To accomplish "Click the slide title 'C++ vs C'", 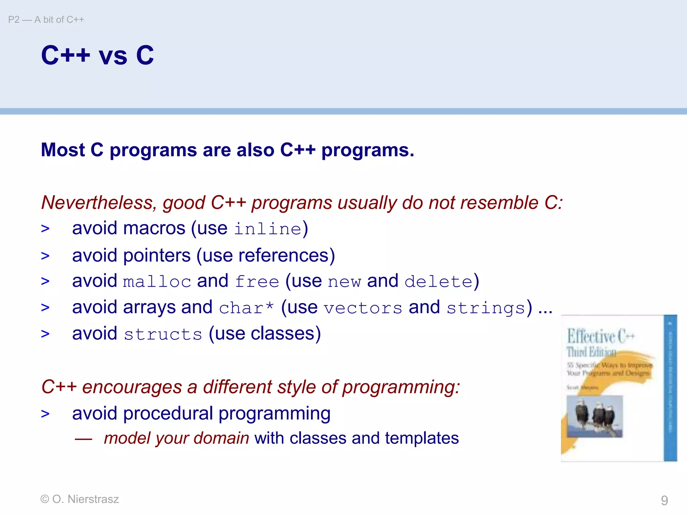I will pyautogui.click(x=97, y=55).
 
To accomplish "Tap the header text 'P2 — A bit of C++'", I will pyautogui.click(x=46, y=20).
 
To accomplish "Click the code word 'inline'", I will pyautogui.click(x=267, y=229).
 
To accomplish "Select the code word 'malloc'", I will pyautogui.click(x=157, y=282).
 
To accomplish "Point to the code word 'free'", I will pyautogui.click(x=257, y=282).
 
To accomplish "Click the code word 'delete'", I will pyautogui.click(x=439, y=282).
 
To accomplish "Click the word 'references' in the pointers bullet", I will pyautogui.click(x=284, y=255).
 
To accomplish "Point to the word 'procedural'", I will pyautogui.click(x=168, y=413).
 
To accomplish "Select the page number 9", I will pyautogui.click(x=664, y=500).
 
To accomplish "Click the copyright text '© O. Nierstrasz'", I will pyautogui.click(x=80, y=499).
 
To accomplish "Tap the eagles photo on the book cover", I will pyautogui.click(x=594, y=416).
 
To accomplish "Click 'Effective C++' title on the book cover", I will pyautogui.click(x=600, y=336).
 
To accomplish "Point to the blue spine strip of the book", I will pyautogui.click(x=670, y=388).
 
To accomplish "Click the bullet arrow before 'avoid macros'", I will pyautogui.click(x=45, y=229).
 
